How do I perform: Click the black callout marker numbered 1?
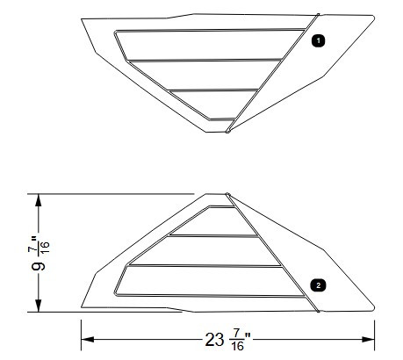tap(318, 40)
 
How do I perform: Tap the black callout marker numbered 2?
tap(318, 285)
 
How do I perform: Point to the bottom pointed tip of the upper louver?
tap(227, 133)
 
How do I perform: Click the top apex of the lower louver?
tap(227, 192)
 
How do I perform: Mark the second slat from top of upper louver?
tap(206, 76)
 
